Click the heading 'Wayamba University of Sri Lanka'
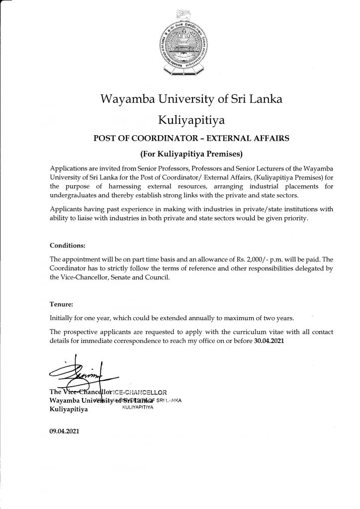click(x=191, y=98)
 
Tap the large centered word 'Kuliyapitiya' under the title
click(x=191, y=119)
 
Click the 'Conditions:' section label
click(x=68, y=246)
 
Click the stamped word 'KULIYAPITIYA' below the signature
click(x=137, y=407)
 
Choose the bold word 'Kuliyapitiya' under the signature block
click(x=69, y=410)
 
